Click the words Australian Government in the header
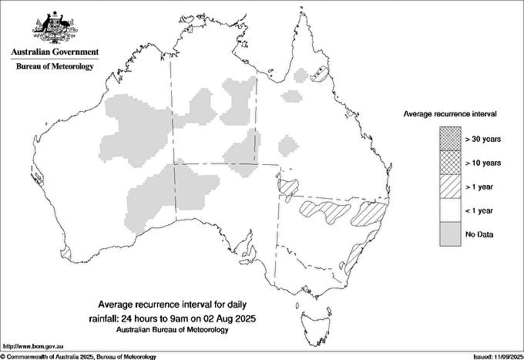click(55, 52)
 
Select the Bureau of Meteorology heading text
click(55, 67)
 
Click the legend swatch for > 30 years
click(449, 138)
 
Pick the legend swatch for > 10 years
click(449, 162)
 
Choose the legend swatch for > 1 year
click(449, 186)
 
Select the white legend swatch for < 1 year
click(449, 210)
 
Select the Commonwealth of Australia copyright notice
click(79, 356)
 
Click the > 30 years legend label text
click(483, 138)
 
